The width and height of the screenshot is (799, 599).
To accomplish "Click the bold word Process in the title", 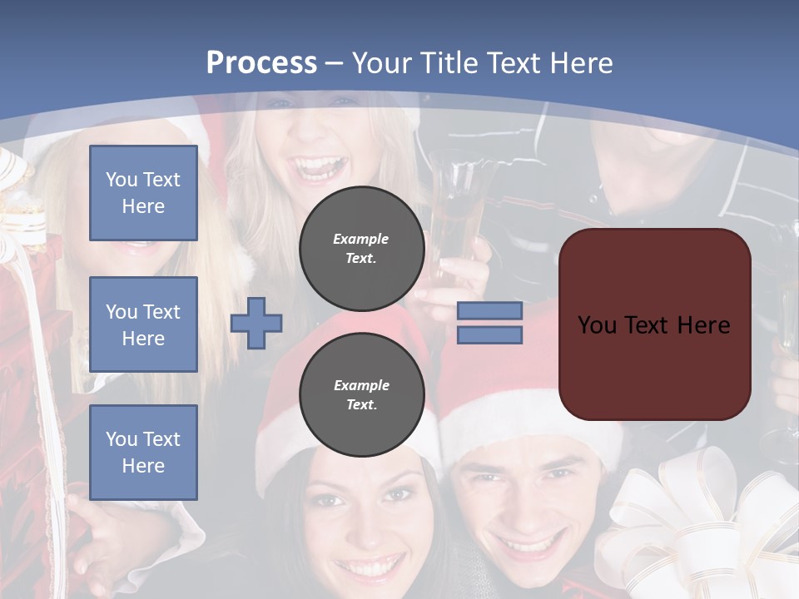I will point(261,62).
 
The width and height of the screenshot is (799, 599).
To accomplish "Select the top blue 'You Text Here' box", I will point(143,193).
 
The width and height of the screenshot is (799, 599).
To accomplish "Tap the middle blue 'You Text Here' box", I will point(143,324).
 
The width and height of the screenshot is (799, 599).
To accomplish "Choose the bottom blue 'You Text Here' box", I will point(143,452).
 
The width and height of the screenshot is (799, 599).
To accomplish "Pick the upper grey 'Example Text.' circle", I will point(361,249).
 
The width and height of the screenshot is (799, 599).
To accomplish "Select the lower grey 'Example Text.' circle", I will point(361,395).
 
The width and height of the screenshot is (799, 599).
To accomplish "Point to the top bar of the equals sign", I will point(489,311).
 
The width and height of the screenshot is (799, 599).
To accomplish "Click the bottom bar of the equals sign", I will point(489,335).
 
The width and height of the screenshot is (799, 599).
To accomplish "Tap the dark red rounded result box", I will point(654,324).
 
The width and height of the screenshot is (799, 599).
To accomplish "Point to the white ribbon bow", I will point(699,524).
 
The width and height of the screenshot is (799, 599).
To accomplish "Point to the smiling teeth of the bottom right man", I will point(526,547).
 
